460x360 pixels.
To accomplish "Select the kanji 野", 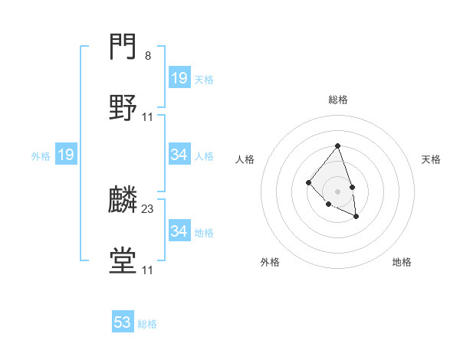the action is tap(123, 108).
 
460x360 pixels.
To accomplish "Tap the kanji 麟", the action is tap(123, 200).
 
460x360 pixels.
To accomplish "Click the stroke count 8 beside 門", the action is tap(148, 56).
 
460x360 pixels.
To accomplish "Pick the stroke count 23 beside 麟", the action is tap(148, 208).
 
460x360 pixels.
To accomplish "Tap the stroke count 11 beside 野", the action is tap(148, 117).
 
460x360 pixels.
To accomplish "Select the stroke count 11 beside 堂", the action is tap(148, 270).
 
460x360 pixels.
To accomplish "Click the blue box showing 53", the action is tap(123, 322).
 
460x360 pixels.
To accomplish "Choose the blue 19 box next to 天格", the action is tap(179, 77).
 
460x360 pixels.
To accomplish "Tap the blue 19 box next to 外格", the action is tap(65, 155).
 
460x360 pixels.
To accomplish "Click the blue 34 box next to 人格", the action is tap(179, 155).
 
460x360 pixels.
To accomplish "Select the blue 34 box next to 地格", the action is tap(179, 231).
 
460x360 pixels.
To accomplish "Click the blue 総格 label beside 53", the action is tap(148, 324).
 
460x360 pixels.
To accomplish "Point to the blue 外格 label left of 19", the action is tap(41, 156).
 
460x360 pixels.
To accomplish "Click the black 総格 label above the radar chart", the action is tap(337, 100).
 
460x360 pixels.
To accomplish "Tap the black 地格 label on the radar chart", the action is tap(402, 262).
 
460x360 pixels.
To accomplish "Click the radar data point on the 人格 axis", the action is tap(308, 182).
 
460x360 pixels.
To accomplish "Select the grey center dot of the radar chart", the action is tap(337, 191).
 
